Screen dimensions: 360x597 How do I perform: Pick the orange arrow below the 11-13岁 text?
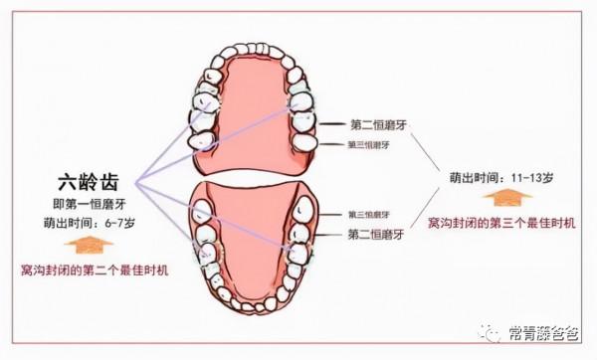[x=506, y=199]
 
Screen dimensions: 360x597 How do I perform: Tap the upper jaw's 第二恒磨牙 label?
[x=377, y=124]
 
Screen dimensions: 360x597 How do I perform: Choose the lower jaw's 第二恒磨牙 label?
[x=376, y=235]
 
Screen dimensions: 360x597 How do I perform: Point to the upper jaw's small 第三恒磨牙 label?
[x=375, y=145]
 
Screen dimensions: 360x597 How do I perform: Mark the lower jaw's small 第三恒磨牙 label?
[x=375, y=215]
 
